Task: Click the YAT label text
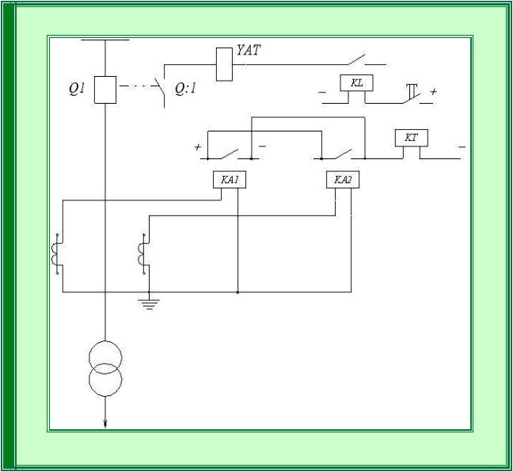tap(249, 50)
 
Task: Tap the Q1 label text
tap(78, 89)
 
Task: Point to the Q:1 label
tap(185, 89)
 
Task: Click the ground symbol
tap(149, 304)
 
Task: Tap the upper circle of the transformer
tap(105, 341)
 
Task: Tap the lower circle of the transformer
tap(105, 397)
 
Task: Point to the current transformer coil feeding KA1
tap(55, 254)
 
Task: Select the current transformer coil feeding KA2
tap(142, 254)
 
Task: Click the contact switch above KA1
tap(230, 154)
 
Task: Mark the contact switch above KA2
tap(343, 154)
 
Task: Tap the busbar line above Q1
tap(105, 40)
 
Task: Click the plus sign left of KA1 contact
tap(197, 147)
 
